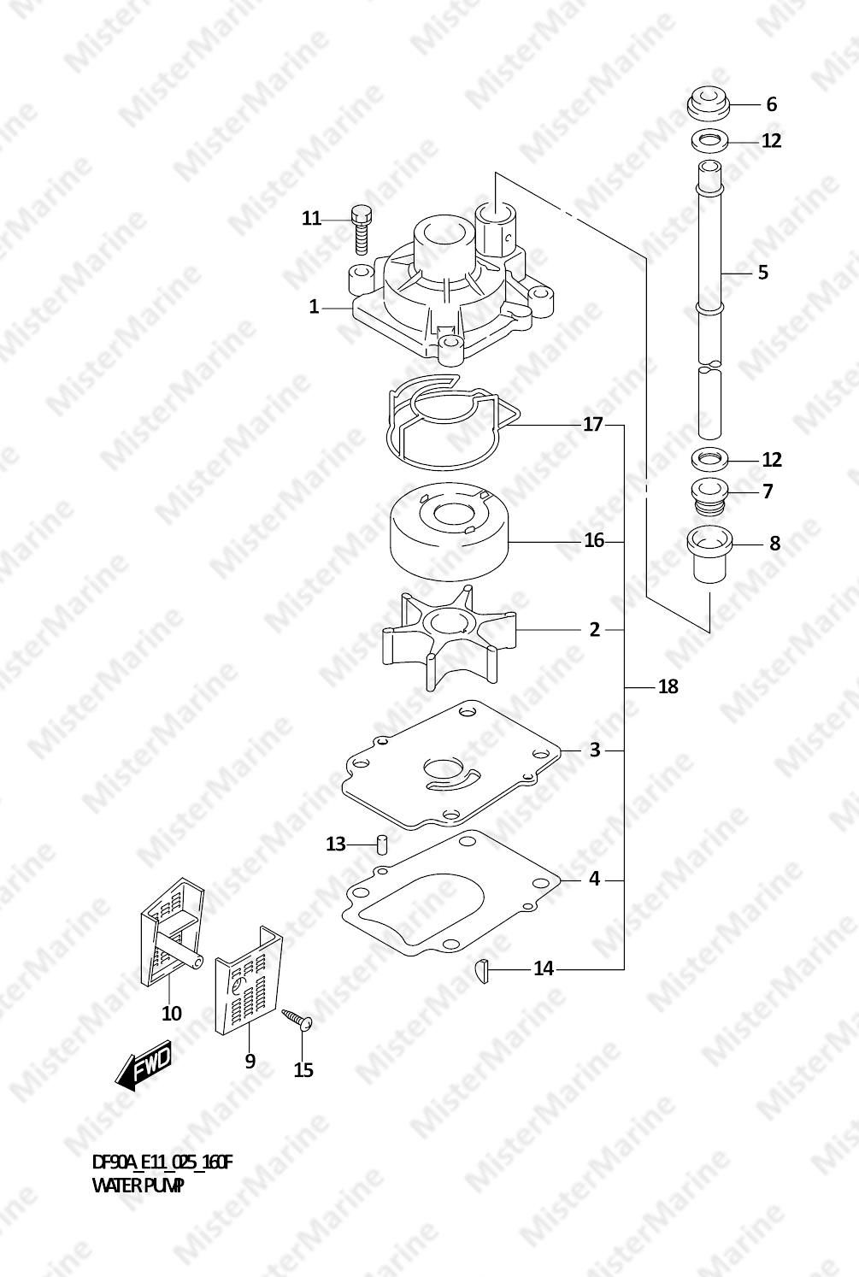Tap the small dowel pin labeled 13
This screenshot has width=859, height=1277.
coord(383,843)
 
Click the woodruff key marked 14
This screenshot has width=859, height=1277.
coord(483,968)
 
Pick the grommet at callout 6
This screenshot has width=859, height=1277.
coord(709,104)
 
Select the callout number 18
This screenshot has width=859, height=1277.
coord(668,686)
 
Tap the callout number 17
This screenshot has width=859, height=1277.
coord(593,424)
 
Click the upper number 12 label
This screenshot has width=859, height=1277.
coord(771,141)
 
